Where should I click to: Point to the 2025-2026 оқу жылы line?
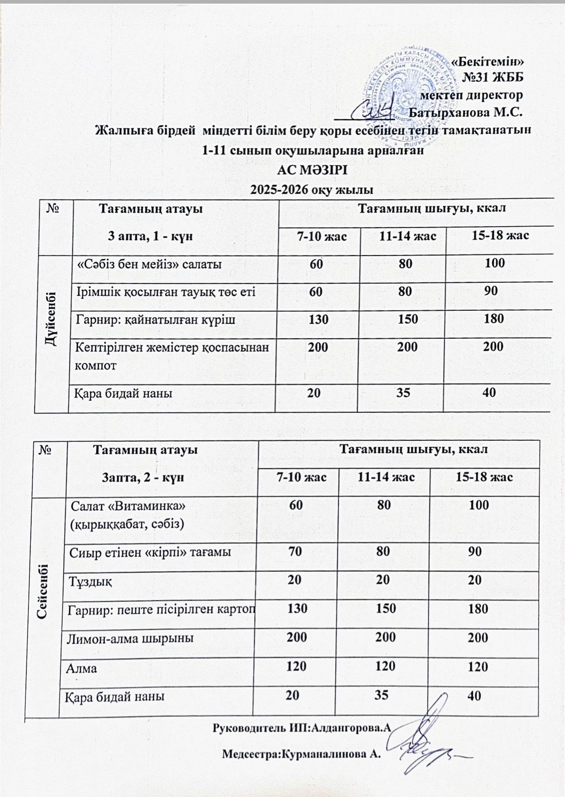312,189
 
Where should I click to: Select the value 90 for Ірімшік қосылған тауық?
491,291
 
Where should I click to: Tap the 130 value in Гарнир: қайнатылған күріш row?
318,319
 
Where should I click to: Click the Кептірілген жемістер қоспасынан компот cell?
171,356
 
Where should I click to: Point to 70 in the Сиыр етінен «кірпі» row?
295,551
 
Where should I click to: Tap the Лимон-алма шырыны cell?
130,638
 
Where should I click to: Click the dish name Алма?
82,668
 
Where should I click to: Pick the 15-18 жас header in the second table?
484,477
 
